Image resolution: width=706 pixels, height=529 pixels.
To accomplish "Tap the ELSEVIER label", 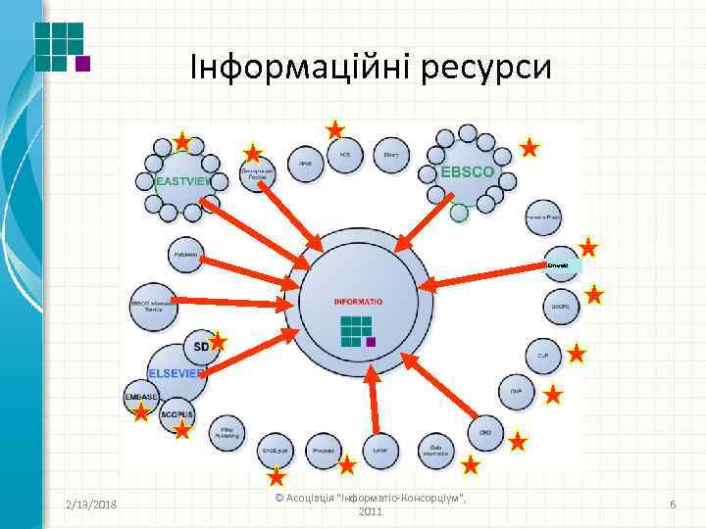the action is [176, 373].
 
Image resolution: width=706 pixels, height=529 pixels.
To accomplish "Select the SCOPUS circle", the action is [177, 414].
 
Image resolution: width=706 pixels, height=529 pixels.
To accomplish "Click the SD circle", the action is [201, 346].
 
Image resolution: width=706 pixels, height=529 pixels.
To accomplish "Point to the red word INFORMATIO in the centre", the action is [358, 301].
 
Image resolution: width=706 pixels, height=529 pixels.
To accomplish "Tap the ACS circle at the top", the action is [345, 155].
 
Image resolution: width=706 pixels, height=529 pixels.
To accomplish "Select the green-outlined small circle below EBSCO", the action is [459, 212].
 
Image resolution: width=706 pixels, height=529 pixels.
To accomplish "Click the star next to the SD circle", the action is [218, 341].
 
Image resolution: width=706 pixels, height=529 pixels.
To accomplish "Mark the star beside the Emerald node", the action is [588, 247].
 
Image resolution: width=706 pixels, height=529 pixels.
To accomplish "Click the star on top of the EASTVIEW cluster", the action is [182, 141].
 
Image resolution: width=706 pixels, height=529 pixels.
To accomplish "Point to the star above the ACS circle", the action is [335, 128].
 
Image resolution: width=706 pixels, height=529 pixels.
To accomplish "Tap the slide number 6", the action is [673, 504].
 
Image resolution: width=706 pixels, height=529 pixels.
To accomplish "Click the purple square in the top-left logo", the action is [83, 65].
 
